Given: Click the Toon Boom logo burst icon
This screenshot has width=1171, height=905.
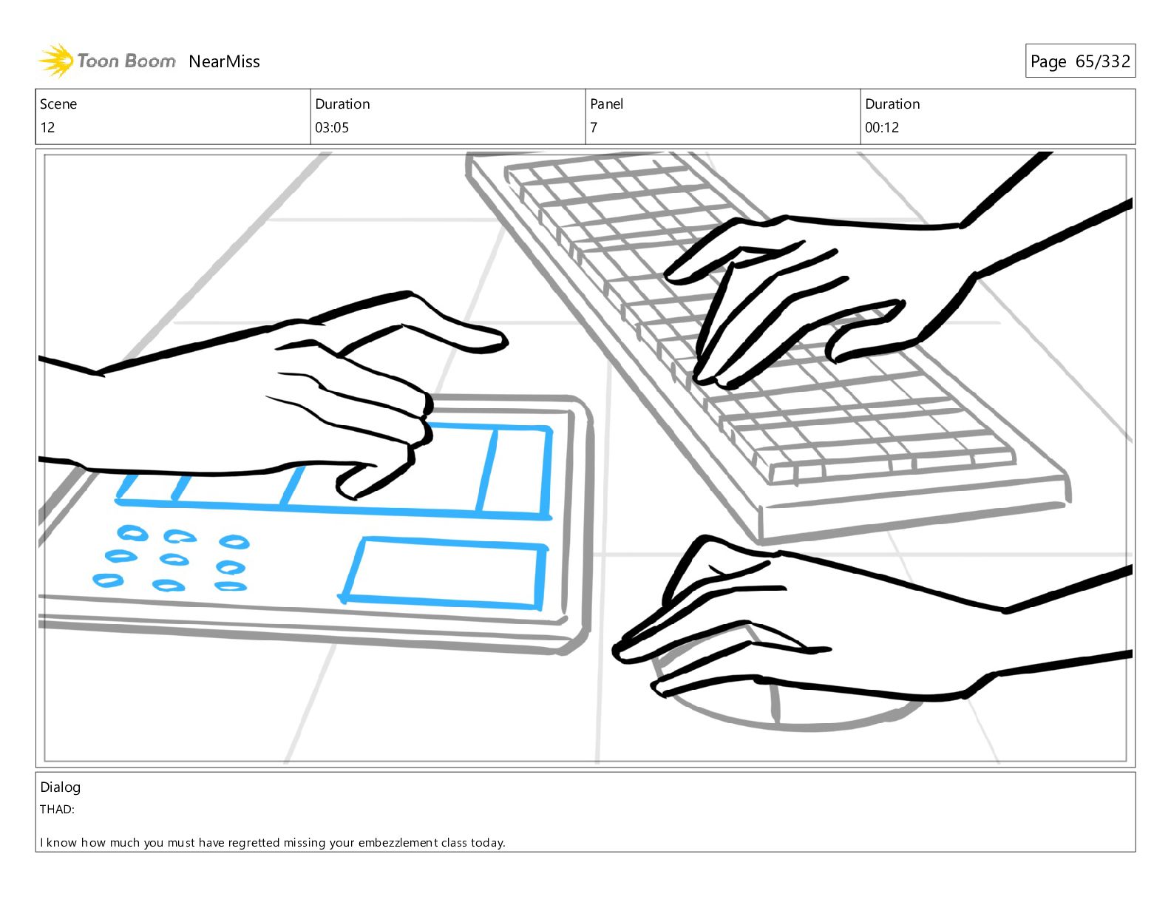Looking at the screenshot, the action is (55, 61).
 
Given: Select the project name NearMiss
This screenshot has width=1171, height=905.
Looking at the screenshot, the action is (224, 61).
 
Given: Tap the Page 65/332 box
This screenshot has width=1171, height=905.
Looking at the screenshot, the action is (1080, 61).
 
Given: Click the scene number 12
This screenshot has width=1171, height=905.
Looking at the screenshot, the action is (47, 128).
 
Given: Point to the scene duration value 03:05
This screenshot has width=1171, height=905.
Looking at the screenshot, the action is (332, 128).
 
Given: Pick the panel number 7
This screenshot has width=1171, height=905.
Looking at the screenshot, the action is (594, 128).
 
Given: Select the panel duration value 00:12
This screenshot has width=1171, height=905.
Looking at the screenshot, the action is (882, 128).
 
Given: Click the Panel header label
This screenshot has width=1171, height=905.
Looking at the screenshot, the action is (607, 104).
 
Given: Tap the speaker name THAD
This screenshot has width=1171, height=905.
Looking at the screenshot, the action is (57, 809).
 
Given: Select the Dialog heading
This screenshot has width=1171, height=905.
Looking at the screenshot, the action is (61, 787).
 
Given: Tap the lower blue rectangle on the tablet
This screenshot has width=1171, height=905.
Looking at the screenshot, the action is (443, 573).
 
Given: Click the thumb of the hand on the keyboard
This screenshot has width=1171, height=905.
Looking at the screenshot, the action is (862, 334).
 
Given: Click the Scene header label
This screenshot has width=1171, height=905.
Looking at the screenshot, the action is (58, 104).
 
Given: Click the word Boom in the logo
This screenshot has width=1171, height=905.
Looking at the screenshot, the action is (151, 61).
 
